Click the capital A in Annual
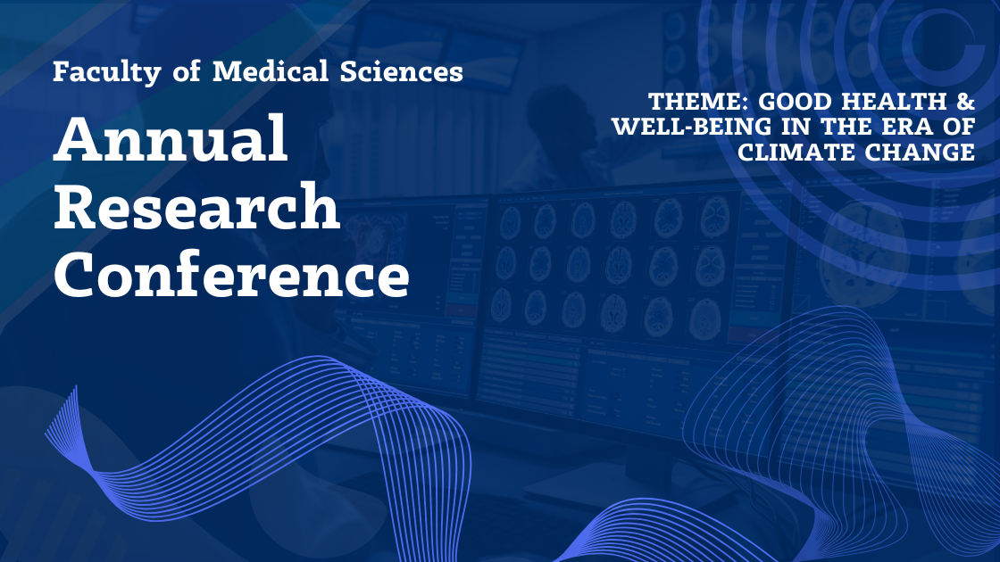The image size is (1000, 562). point(79,138)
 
